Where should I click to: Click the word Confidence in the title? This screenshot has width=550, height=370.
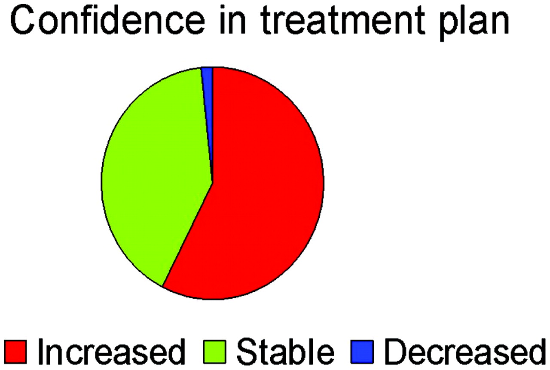[107, 20]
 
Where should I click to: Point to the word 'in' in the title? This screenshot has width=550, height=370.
[233, 20]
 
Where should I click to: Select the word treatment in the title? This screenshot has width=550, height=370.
[343, 20]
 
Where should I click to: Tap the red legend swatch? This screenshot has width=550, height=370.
[15, 352]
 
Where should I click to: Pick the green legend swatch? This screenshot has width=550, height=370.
[214, 352]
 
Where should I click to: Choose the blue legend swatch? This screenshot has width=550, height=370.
[362, 352]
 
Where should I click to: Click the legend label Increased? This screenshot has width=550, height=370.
[111, 352]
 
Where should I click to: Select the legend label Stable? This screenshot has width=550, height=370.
[285, 352]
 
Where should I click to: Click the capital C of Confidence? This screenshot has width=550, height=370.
[21, 20]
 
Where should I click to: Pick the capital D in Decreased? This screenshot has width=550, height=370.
[396, 352]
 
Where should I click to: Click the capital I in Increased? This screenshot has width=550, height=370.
[40, 352]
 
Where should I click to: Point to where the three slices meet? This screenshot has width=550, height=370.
[212, 183]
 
